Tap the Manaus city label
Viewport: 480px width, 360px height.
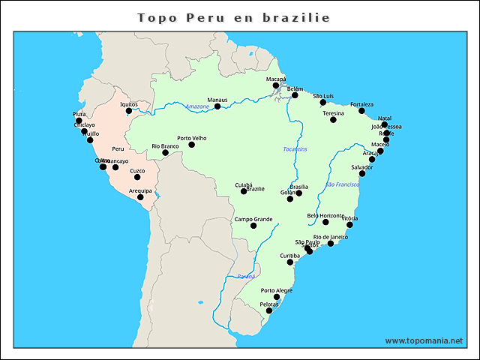coord(217,100)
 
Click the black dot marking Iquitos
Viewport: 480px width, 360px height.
coord(129,111)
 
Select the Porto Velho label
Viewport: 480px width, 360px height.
coord(191,138)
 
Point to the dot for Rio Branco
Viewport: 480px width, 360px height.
coord(166,153)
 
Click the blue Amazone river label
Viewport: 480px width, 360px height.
coord(196,106)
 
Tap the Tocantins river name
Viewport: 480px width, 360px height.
coord(295,149)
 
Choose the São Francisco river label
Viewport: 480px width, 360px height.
coord(342,184)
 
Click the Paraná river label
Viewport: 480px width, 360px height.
coord(246,277)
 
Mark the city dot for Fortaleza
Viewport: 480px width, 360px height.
coord(361,111)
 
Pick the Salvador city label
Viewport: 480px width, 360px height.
coord(361,166)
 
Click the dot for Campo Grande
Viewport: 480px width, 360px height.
coord(253,226)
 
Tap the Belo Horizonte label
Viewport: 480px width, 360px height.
coord(325,215)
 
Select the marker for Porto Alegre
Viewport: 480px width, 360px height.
coord(277,297)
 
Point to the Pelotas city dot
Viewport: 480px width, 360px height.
coord(269,310)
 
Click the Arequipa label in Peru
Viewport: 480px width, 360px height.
coord(140,190)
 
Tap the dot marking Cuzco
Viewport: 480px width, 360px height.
coord(137,177)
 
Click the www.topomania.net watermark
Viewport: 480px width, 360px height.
coord(424,340)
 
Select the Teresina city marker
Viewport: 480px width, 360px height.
coord(333,120)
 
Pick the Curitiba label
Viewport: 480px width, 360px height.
coord(289,255)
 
